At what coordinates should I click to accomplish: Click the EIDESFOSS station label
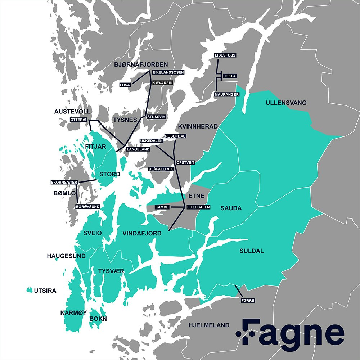(225, 55)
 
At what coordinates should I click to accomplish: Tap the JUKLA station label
(230, 76)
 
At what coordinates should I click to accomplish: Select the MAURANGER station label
(227, 94)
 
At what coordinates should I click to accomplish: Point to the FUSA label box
(125, 85)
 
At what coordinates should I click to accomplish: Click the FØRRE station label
(247, 300)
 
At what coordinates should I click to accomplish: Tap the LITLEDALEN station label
(198, 207)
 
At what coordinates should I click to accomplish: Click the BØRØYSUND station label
(88, 207)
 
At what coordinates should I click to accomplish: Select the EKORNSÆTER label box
(64, 183)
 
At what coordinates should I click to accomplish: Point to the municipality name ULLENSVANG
(286, 103)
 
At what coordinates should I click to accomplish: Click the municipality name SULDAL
(252, 251)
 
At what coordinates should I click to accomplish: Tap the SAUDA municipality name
(231, 208)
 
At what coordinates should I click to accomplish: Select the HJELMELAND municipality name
(209, 325)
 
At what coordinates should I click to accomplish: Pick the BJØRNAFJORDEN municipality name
(141, 64)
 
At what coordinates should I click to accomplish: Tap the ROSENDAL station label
(175, 136)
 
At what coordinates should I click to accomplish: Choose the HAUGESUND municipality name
(66, 256)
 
